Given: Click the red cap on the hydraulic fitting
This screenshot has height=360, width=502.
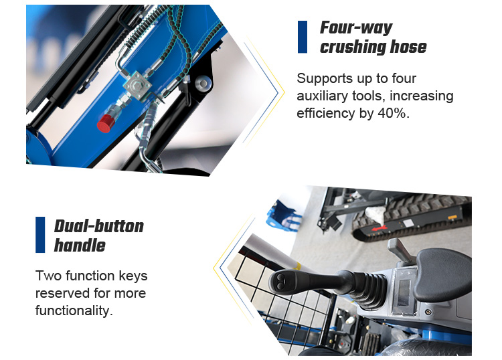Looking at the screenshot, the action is coord(104,123).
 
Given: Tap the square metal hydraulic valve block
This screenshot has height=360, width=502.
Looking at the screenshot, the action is coord(137,86).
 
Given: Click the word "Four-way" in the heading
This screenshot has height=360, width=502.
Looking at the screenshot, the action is coord(356,28).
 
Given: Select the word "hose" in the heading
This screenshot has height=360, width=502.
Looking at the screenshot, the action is coord(408,47).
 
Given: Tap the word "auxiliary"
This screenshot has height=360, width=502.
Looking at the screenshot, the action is coord(323,96).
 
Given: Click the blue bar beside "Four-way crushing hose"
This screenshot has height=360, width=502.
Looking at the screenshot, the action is coord(303,37).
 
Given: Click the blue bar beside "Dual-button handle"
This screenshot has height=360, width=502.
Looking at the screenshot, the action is coord(40,235).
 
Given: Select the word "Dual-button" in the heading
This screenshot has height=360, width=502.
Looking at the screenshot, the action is coord(99,226).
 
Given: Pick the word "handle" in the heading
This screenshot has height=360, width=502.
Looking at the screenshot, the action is coord(80,246).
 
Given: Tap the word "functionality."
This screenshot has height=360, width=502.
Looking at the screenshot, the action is coord(74,310).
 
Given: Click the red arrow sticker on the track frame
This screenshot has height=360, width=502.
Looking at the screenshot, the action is coord(380,228).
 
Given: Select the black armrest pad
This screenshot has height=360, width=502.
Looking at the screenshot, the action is coord(443,274).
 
